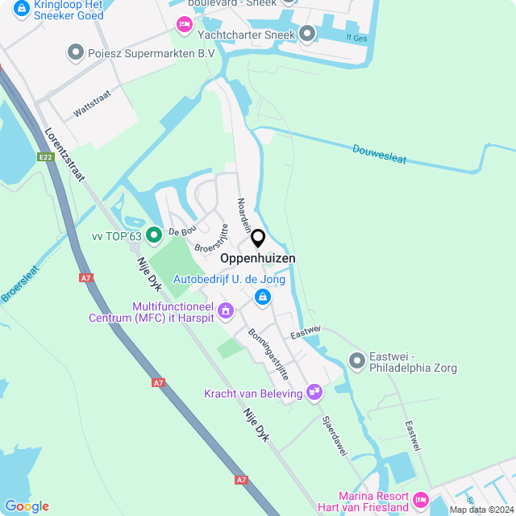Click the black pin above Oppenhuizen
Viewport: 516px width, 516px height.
click(258, 239)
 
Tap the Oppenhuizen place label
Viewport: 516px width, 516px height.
click(258, 259)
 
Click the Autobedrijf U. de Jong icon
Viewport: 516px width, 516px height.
click(261, 298)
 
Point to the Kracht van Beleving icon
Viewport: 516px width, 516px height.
click(314, 393)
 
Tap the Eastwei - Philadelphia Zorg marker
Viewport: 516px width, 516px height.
click(356, 360)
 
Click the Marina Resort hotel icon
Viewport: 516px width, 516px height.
click(420, 500)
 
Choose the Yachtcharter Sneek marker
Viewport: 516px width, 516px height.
click(307, 34)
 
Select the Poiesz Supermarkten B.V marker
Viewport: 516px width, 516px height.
click(76, 53)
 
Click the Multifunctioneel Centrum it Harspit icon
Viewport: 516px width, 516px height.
click(226, 310)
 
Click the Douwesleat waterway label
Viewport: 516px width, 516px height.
click(379, 152)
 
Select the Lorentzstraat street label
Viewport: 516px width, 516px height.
click(64, 156)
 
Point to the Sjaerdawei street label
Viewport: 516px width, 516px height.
click(334, 436)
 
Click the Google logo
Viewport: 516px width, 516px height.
click(27, 506)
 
